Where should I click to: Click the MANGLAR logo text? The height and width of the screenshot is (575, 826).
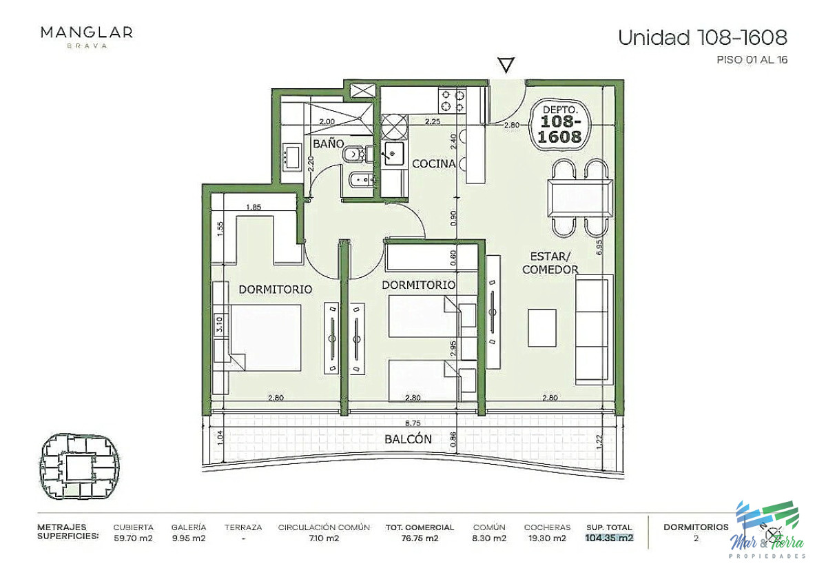86,32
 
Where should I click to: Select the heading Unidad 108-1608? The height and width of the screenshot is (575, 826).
702,37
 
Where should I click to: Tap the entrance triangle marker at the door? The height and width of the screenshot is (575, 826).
506,65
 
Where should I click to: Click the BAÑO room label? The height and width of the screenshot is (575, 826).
329,144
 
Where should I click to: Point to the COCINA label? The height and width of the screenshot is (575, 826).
433,164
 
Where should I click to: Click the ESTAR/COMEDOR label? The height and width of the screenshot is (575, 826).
550,263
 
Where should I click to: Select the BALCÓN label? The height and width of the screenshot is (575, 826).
408,439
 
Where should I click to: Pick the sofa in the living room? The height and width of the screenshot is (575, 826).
594,328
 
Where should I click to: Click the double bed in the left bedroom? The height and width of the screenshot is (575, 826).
265,339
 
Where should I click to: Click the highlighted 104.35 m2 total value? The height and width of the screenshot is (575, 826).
609,538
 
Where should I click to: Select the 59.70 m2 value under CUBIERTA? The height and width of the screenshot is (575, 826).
134,538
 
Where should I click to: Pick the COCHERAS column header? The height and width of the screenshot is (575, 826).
547,527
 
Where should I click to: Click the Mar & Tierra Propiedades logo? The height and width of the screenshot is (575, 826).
767,529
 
